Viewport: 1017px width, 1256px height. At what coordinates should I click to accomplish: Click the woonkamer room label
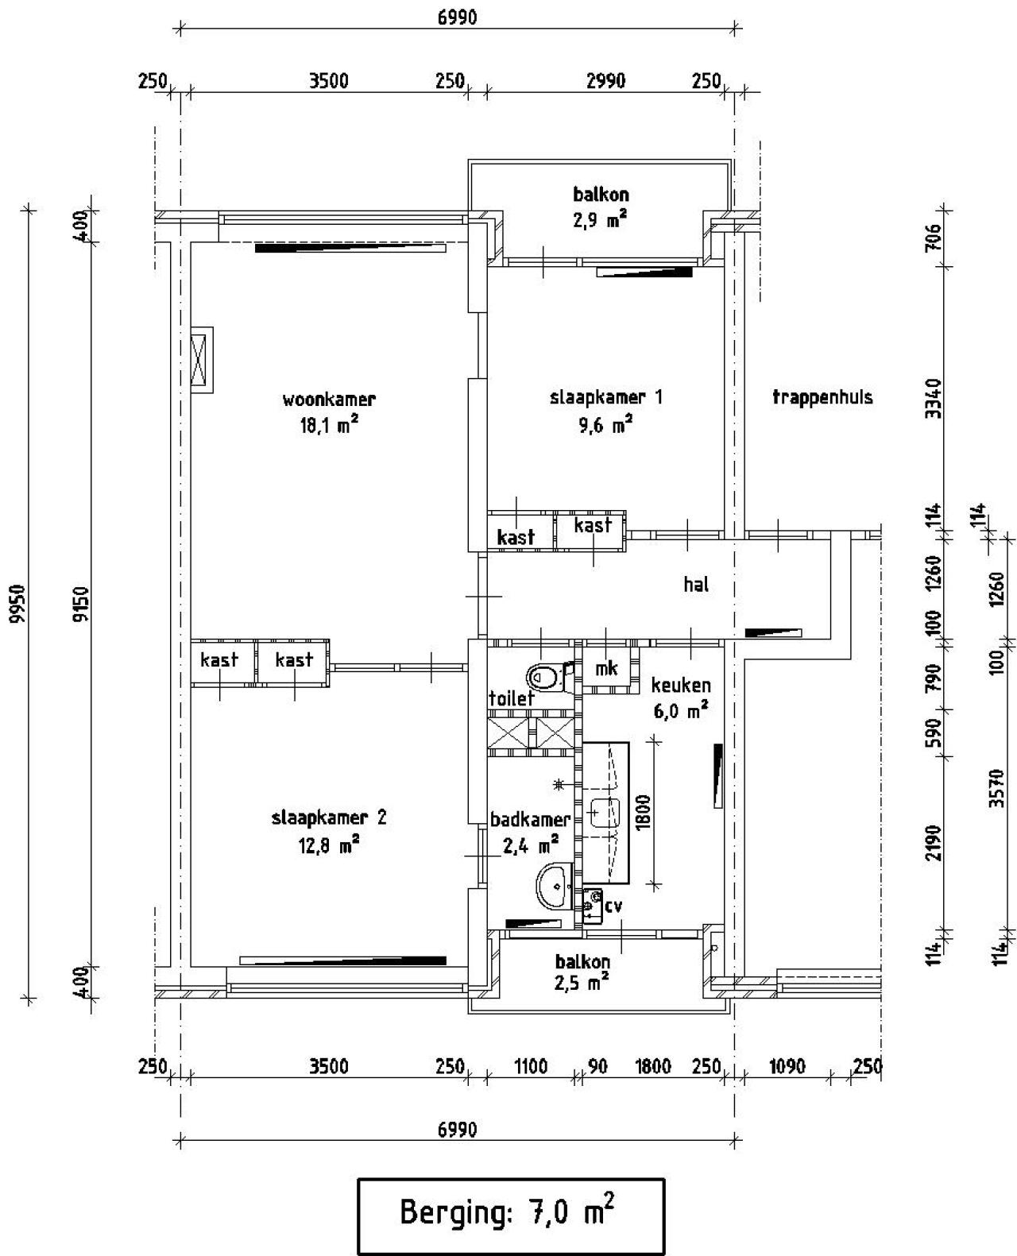pos(328,399)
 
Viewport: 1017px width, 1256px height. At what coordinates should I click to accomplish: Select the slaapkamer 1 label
pos(605,397)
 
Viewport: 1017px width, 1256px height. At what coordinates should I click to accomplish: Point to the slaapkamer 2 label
pos(328,817)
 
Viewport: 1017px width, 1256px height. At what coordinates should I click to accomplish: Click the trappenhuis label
pos(822,397)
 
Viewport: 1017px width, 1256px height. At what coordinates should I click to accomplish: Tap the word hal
pos(696,585)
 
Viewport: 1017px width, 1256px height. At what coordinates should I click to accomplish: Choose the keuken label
pos(681,685)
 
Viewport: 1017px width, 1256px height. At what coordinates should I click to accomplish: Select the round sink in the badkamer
pos(555,885)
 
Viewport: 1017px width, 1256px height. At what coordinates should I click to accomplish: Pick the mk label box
pos(606,668)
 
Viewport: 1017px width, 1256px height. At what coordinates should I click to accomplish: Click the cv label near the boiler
pos(613,906)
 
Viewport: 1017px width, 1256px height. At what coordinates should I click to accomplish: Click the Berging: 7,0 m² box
pos(510,1215)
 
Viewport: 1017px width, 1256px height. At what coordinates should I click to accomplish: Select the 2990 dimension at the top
pos(605,81)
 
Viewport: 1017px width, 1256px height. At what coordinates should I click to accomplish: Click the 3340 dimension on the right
pos(934,400)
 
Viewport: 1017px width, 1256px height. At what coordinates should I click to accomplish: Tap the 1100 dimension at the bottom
pos(530,1066)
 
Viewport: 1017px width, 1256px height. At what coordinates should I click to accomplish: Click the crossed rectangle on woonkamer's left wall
pos(202,359)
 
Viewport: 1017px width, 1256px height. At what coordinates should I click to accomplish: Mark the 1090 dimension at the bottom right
pos(787,1066)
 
